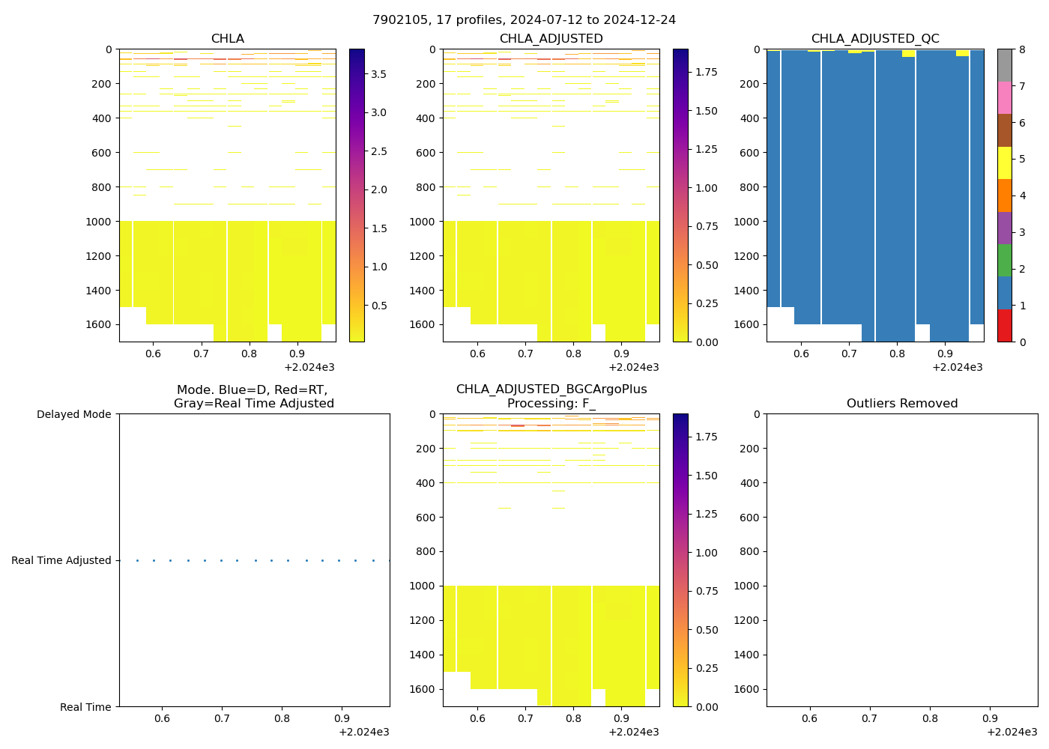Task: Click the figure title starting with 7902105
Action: click(524, 20)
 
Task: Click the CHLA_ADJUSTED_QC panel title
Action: click(874, 39)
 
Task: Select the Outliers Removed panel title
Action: click(901, 404)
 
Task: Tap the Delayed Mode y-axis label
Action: click(73, 414)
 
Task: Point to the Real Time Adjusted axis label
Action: click(61, 560)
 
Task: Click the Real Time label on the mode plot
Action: click(85, 707)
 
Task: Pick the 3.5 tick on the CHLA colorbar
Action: click(378, 74)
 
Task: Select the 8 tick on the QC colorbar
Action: click(1021, 49)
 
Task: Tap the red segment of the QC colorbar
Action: click(1004, 326)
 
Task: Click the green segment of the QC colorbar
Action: click(1004, 261)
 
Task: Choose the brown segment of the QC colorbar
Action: click(1004, 130)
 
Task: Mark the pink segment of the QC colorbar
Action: click(1004, 98)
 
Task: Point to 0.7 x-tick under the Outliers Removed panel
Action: click(869, 718)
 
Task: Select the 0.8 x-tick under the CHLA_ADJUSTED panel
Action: click(573, 354)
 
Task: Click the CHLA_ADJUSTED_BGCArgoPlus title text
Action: click(551, 389)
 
